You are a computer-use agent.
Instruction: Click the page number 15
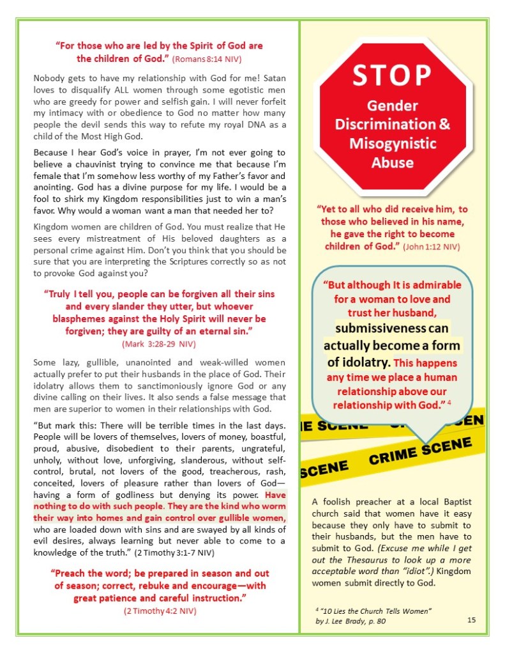click(x=471, y=619)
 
